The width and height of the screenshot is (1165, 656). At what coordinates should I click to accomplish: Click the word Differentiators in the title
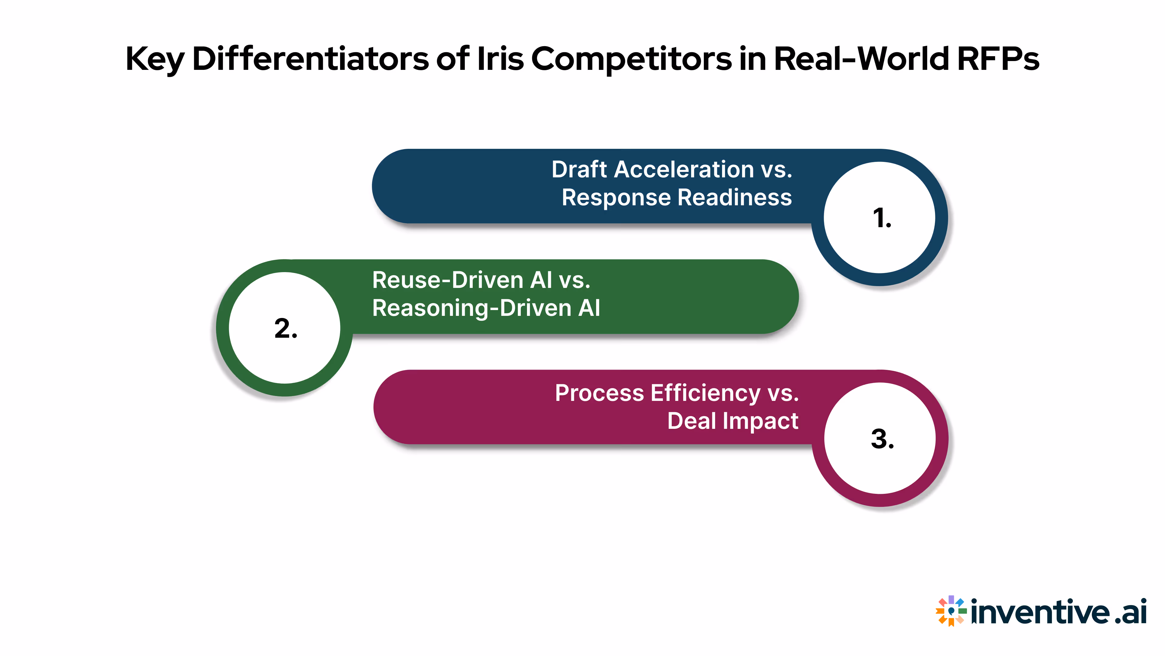[310, 59]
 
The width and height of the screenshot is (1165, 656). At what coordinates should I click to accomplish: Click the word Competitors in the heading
[631, 59]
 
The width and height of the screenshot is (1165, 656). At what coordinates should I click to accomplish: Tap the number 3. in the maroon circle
[882, 439]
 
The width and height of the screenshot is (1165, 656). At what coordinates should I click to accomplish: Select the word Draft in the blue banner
[579, 170]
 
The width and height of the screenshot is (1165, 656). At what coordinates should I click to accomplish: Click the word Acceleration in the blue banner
[684, 170]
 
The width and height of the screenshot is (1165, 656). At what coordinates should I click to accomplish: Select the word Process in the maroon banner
[599, 393]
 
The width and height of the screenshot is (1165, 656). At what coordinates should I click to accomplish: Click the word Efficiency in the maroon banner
[705, 393]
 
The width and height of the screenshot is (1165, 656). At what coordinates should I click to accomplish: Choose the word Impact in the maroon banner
[760, 421]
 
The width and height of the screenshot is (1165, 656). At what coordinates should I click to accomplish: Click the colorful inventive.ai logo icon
[951, 611]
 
